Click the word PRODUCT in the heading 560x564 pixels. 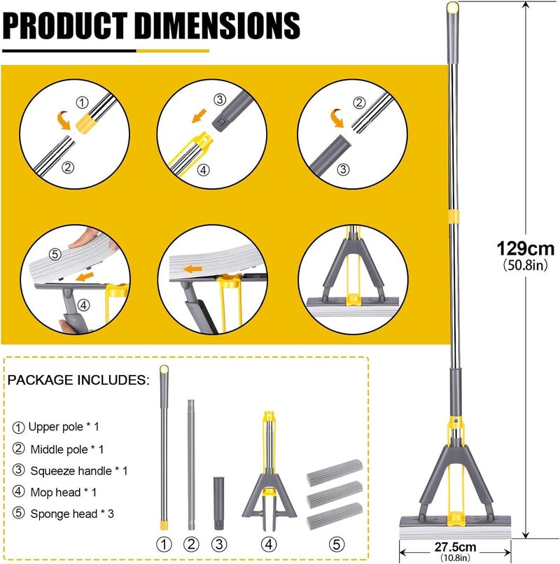tap(65, 25)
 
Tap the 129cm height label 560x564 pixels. tap(526, 248)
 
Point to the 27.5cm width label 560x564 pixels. tap(455, 547)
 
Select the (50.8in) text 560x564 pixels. tap(526, 265)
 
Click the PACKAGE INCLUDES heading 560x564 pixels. tap(78, 380)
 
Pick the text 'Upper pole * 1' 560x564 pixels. tap(63, 427)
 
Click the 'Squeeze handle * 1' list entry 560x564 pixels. tap(79, 471)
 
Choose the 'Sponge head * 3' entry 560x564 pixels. tap(72, 514)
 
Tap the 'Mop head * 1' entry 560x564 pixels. tap(63, 492)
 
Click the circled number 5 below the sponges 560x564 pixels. tap(337, 544)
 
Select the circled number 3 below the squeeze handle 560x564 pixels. tap(219, 544)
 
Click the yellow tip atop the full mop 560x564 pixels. tap(453, 6)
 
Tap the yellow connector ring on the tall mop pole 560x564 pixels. tap(454, 216)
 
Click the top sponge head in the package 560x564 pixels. tap(335, 472)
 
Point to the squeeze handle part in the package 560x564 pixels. tap(218, 503)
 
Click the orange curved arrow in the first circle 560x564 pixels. tap(64, 120)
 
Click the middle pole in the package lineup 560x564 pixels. tap(191, 465)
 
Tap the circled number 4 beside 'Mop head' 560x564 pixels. tap(18, 491)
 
